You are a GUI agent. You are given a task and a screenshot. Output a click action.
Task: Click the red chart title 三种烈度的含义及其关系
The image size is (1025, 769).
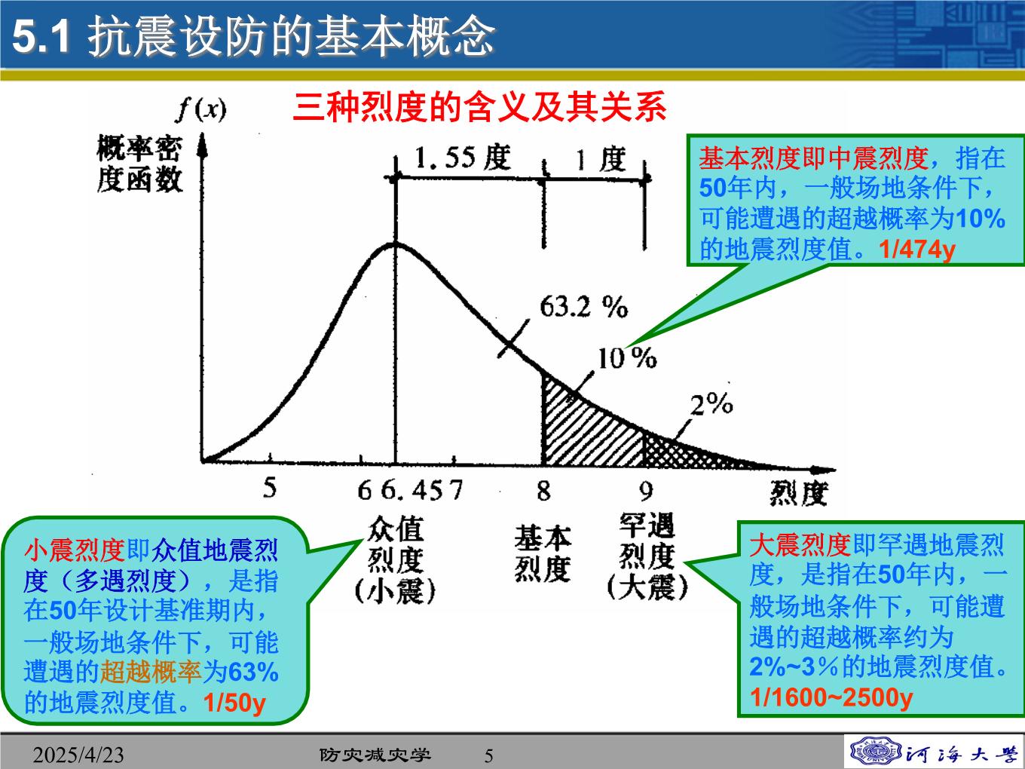[479, 107]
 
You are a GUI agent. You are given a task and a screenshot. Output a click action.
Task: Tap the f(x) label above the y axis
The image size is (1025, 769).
[201, 111]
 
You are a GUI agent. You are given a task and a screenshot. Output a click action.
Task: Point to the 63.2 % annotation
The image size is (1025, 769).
[583, 308]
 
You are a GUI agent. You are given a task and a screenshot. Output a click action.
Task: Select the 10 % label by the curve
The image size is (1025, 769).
[627, 358]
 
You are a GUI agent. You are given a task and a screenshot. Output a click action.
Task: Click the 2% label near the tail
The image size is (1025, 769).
[711, 404]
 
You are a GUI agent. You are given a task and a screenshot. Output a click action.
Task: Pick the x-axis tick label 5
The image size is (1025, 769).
[270, 489]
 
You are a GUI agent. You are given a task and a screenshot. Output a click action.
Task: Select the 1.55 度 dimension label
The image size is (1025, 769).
[462, 158]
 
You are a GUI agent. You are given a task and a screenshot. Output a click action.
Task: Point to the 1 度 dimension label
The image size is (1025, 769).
[601, 159]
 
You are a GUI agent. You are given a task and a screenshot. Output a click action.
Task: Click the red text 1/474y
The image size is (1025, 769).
[917, 250]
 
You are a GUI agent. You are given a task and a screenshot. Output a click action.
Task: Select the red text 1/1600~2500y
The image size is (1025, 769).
[831, 697]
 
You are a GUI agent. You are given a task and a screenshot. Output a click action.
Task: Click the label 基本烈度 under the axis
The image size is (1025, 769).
[543, 553]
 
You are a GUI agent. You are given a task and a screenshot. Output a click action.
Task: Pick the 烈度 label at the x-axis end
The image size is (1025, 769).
[799, 494]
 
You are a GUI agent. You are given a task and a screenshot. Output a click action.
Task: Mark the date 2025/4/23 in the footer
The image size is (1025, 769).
[78, 755]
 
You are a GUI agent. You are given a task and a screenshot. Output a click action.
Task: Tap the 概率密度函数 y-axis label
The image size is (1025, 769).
[139, 164]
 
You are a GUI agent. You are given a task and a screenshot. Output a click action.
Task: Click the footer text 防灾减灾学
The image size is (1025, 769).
[375, 755]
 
